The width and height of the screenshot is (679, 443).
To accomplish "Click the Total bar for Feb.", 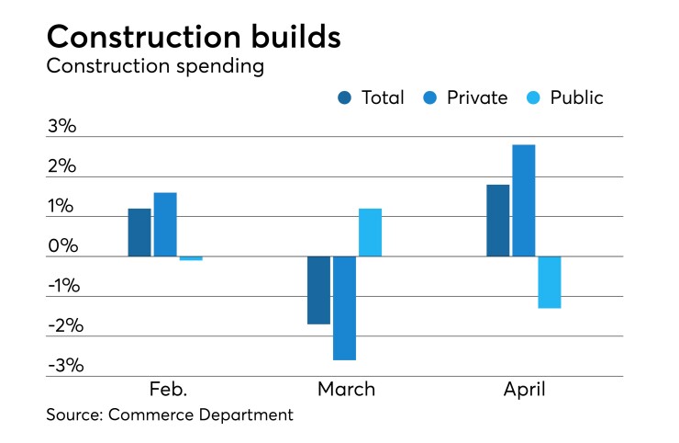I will (139, 233).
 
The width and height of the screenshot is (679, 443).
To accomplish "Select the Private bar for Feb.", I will (165, 224).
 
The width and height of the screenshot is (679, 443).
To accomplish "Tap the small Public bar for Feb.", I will (191, 258).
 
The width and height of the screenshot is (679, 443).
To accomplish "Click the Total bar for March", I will (318, 290).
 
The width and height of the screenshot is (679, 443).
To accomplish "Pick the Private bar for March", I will (344, 308).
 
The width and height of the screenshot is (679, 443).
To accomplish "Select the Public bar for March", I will (370, 233).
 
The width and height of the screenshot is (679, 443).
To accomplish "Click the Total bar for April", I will (498, 221).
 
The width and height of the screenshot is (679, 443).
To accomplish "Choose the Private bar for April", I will (524, 200).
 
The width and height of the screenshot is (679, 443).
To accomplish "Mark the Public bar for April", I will (550, 282).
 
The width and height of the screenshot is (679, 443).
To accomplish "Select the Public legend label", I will (576, 97).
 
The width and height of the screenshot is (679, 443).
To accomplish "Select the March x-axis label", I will (346, 390).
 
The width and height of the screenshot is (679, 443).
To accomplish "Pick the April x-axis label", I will (524, 390).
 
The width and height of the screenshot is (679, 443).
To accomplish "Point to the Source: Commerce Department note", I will (170, 415).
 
